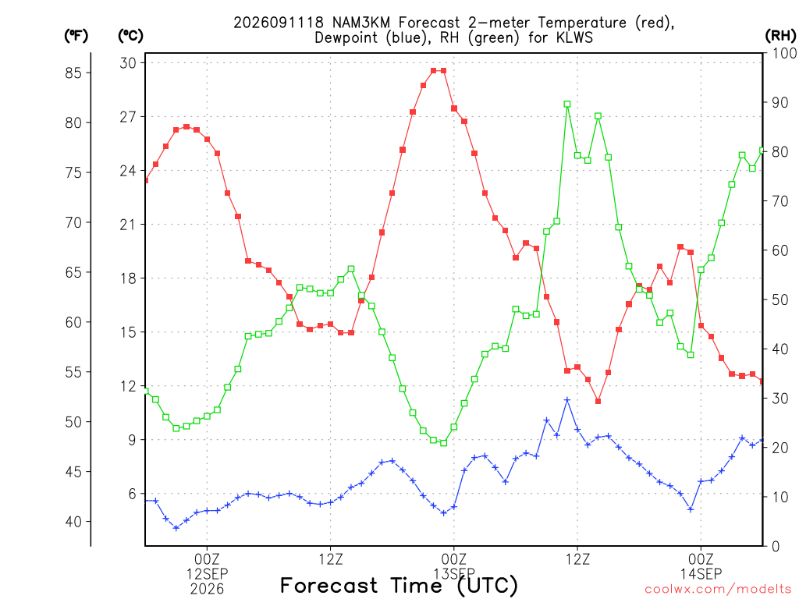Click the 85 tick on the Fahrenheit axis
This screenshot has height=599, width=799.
pos(73,73)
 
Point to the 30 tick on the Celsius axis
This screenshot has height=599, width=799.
pos(128,63)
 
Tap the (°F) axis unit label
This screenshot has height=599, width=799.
pos(76,36)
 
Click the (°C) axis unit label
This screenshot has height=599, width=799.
pos(130,36)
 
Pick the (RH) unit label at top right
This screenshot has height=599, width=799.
pos(780,36)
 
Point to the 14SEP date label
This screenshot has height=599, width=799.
pos(701,574)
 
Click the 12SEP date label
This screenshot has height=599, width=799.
pos(207,574)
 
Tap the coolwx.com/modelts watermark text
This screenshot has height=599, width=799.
pos(718,589)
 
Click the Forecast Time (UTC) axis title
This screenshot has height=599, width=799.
pos(399,586)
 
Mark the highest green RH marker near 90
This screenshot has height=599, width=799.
pos(567,104)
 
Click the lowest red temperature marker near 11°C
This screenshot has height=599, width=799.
pos(598,402)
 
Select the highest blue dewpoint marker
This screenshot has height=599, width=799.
pos(567,400)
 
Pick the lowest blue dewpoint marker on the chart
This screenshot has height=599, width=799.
pos(176,528)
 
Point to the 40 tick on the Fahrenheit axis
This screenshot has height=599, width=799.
pos(73,522)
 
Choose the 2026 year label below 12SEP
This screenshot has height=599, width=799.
pos(207,590)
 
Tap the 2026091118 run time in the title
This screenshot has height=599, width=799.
pos(279,23)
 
